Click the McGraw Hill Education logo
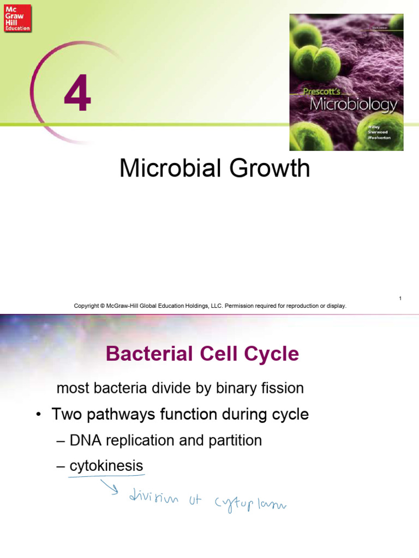(17, 18)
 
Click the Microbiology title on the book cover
(353, 105)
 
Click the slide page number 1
(400, 298)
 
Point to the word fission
(281, 389)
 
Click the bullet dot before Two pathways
(39, 415)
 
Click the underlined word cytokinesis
(106, 466)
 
